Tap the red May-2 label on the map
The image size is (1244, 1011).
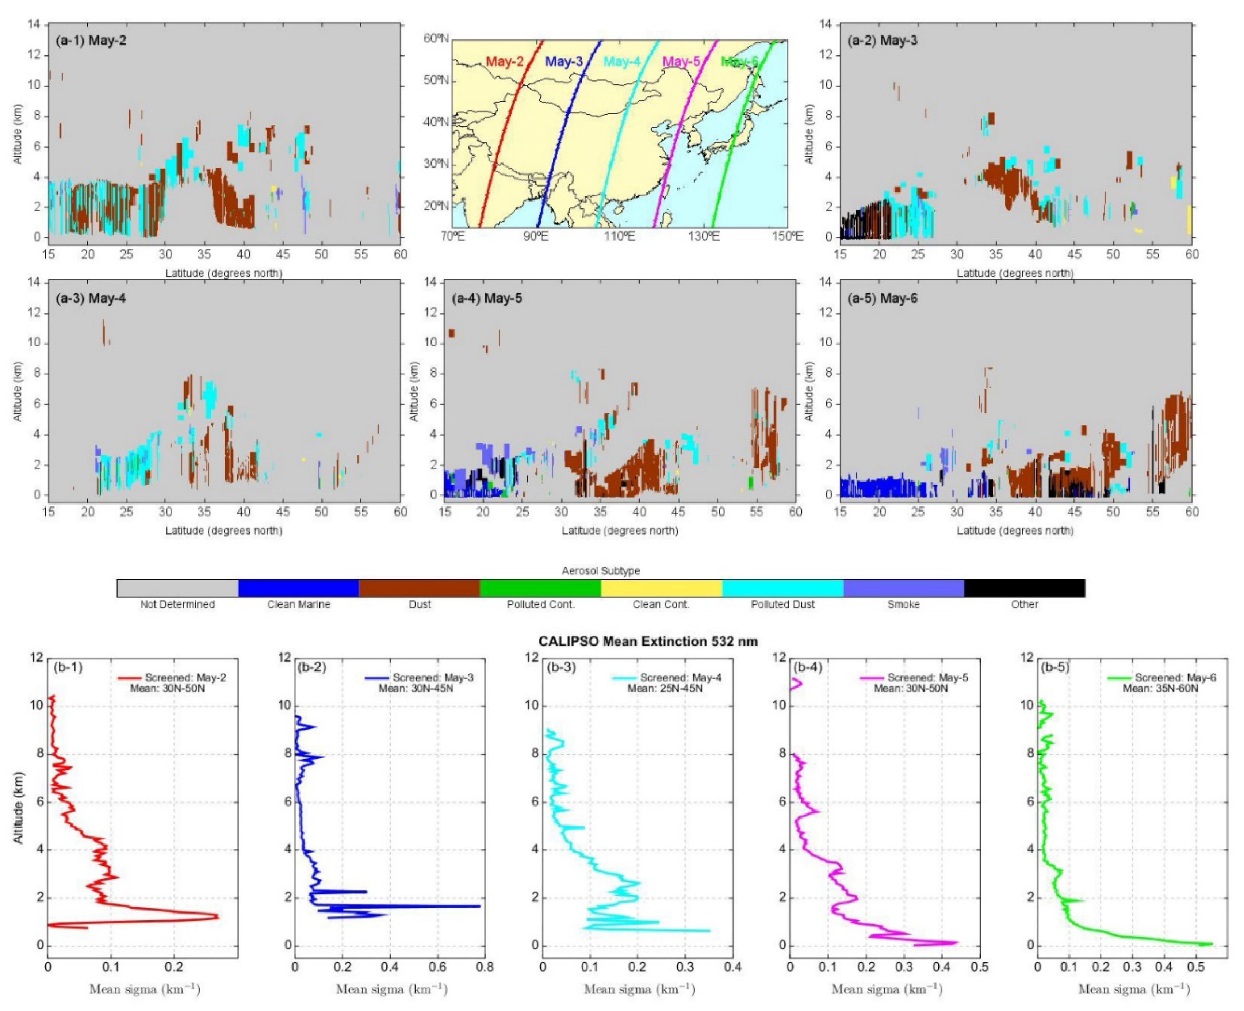504,62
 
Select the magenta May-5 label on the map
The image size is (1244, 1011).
681,62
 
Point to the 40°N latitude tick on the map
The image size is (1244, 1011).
436,122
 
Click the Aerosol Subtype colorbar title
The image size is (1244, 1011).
600,571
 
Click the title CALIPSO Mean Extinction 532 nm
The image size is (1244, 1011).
648,641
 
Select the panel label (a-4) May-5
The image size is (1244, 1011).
487,298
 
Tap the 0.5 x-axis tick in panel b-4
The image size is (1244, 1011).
980,967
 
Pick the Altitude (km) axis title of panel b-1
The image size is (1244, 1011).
19,808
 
